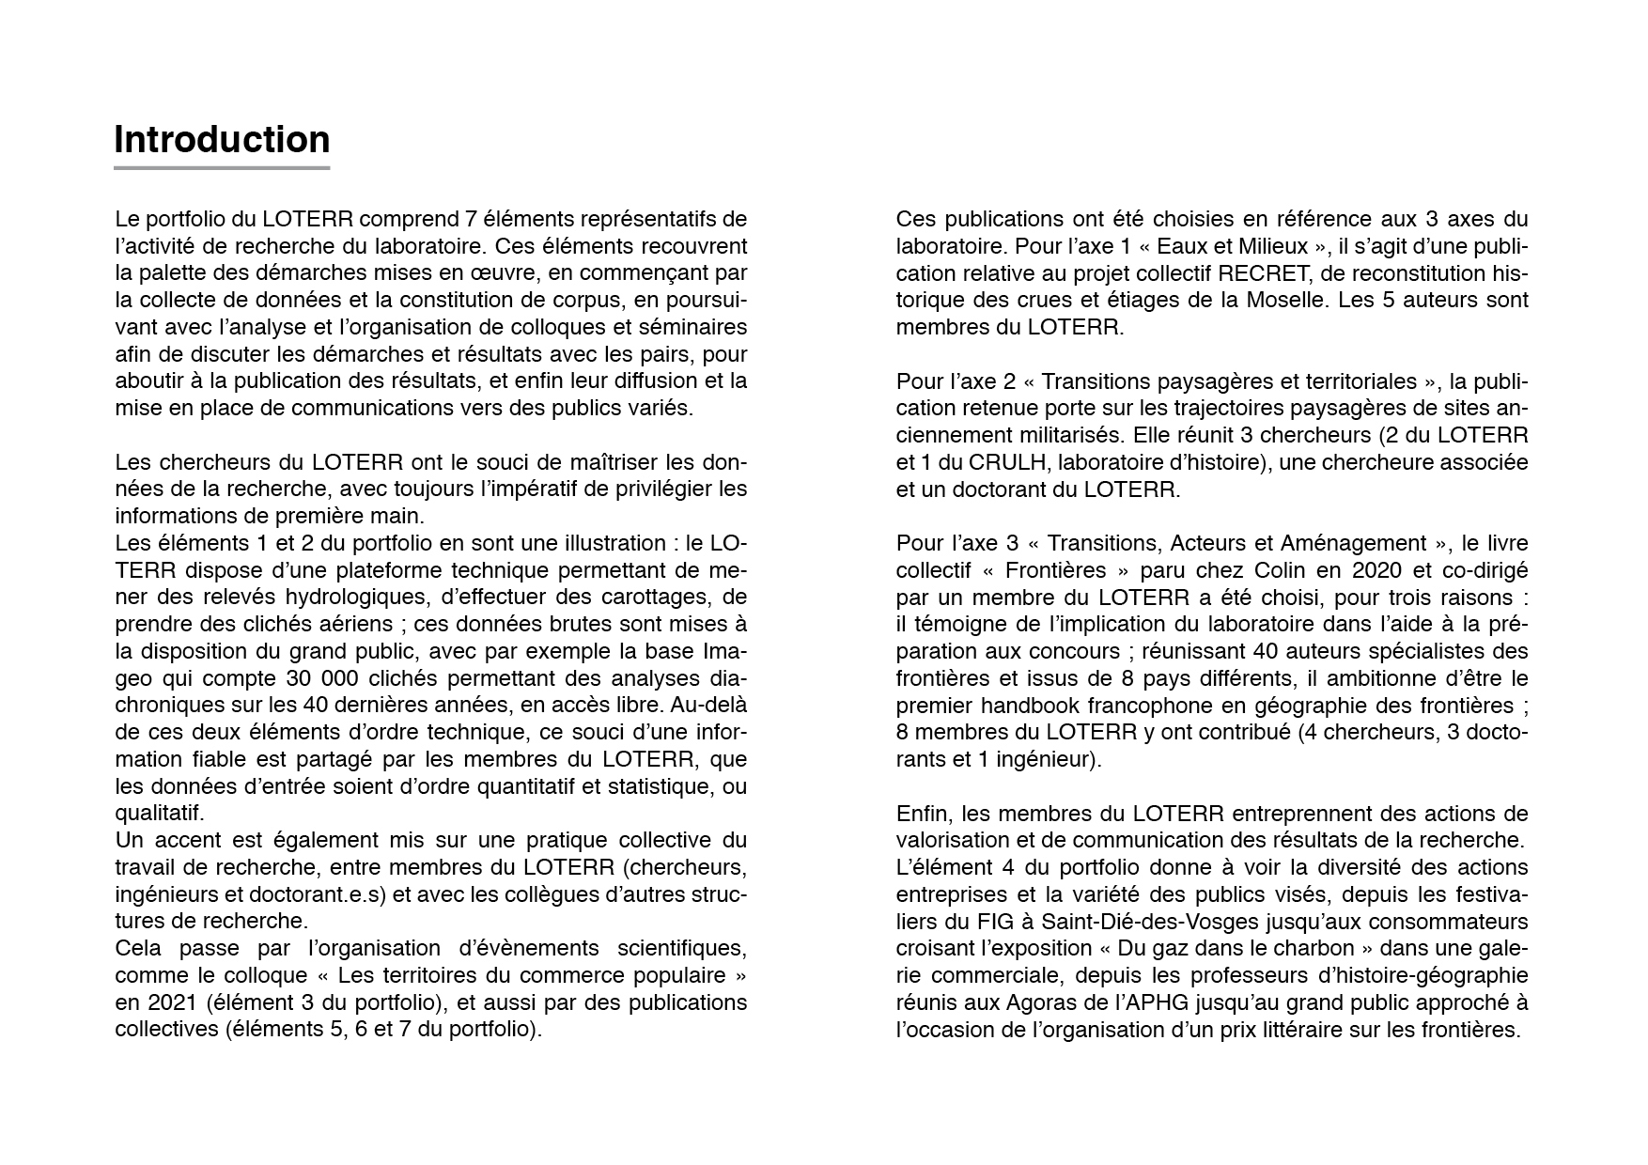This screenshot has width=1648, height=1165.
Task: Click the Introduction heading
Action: pos(222,140)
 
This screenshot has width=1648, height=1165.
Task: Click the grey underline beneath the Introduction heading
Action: pos(222,168)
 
